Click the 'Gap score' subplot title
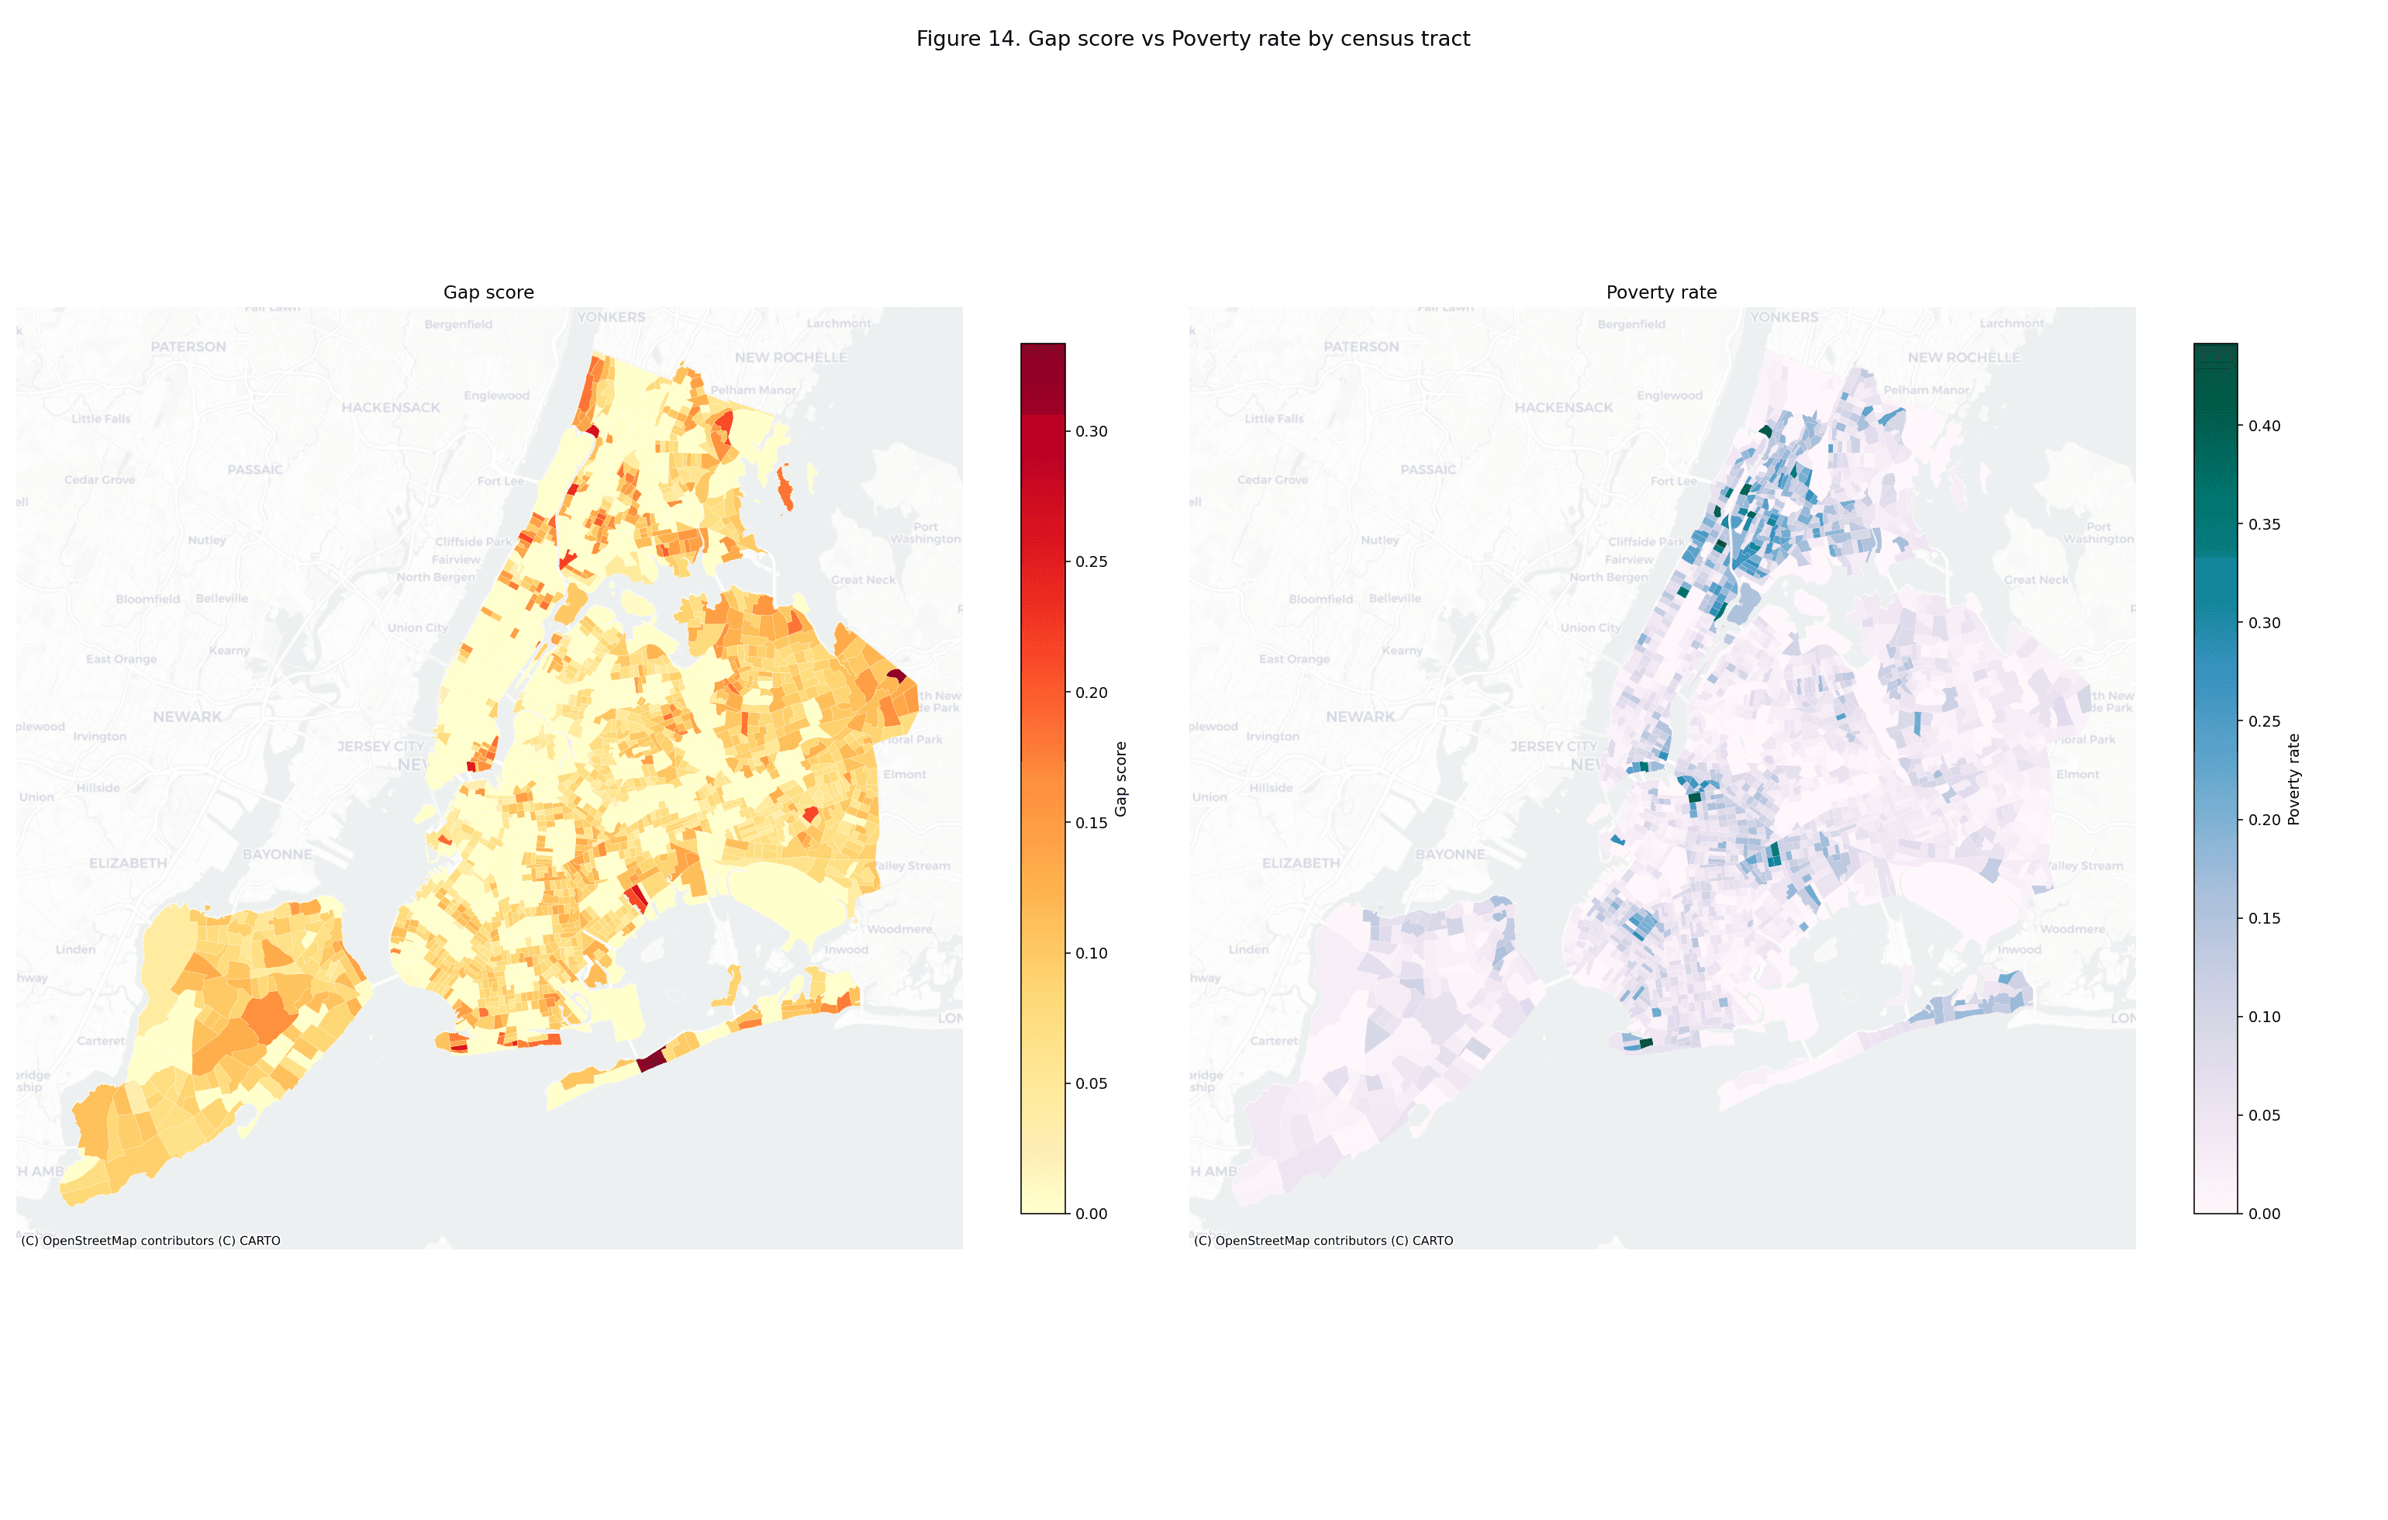pyautogui.click(x=488, y=292)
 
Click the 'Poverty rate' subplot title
pyautogui.click(x=1661, y=292)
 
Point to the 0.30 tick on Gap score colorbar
pyautogui.click(x=1091, y=432)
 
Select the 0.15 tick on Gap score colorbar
pyautogui.click(x=1091, y=823)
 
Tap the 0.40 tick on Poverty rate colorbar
pyautogui.click(x=2264, y=426)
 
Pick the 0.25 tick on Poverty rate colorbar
pyautogui.click(x=2264, y=721)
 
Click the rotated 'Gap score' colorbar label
pyautogui.click(x=1122, y=779)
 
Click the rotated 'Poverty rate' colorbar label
pyautogui.click(x=2293, y=779)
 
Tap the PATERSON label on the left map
pyautogui.click(x=188, y=347)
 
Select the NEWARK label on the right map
pyautogui.click(x=1360, y=717)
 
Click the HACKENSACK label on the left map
pyautogui.click(x=391, y=408)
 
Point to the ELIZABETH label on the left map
pyautogui.click(x=128, y=863)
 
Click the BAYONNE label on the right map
pyautogui.click(x=1450, y=855)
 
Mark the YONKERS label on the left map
pyautogui.click(x=611, y=317)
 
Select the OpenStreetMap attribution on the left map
pyautogui.click(x=150, y=1240)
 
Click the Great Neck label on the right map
pyautogui.click(x=2035, y=580)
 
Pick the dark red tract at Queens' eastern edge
pyautogui.click(x=895, y=675)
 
